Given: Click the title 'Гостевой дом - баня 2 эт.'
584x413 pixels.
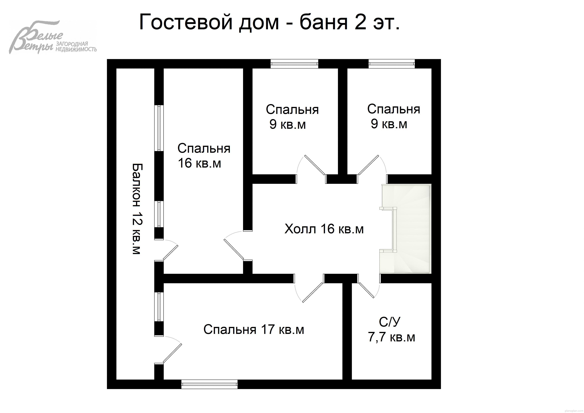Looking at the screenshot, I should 269,22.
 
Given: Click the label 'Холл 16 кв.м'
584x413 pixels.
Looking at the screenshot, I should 324,229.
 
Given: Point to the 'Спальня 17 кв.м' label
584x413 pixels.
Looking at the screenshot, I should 254,330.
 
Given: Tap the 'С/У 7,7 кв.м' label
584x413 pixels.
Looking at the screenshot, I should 391,330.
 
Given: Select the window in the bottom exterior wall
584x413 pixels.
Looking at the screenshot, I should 209,384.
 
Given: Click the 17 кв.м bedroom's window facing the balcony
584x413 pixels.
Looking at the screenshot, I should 159,307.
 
